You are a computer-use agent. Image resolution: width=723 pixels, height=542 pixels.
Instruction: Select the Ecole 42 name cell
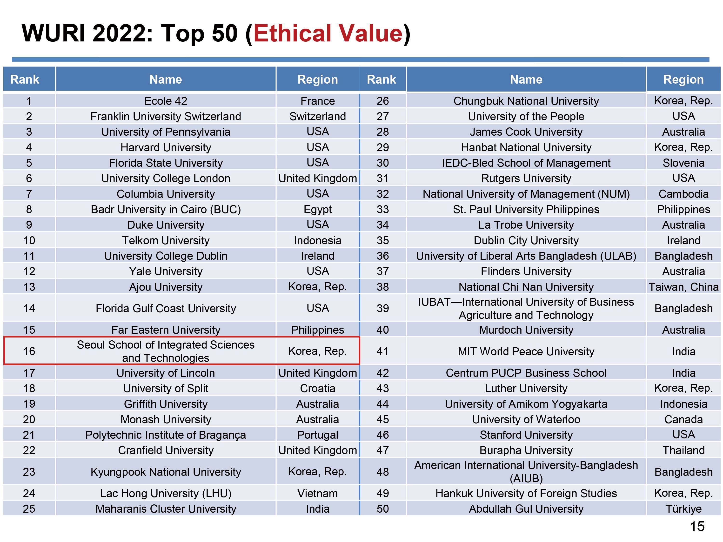166,101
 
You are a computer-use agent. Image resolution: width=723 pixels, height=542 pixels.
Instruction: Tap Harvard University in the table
166,147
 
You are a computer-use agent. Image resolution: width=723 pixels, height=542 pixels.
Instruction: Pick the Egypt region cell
317,209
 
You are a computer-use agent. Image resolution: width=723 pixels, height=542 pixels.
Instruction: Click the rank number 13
29,287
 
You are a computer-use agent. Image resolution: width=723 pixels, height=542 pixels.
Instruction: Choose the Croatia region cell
317,388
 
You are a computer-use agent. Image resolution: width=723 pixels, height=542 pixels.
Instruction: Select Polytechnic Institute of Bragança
166,435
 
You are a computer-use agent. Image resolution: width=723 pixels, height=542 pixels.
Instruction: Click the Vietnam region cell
317,493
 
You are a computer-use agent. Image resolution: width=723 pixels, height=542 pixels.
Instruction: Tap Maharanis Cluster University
166,509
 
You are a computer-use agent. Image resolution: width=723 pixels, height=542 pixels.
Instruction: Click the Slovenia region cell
683,163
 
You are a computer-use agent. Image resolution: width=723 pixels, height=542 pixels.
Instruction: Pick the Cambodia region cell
683,194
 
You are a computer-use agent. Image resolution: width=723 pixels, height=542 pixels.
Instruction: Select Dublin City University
526,240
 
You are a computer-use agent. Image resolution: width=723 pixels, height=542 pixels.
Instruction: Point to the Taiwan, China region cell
683,287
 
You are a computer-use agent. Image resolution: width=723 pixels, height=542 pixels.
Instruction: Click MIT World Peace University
526,351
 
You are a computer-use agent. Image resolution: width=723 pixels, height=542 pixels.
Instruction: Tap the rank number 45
382,419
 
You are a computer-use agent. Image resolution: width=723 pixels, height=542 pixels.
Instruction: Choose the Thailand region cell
683,450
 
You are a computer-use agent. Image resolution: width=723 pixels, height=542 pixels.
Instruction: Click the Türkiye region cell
683,509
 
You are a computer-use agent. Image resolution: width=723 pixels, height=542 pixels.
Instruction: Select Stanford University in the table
526,435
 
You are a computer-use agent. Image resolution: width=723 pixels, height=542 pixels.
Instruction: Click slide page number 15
697,527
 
